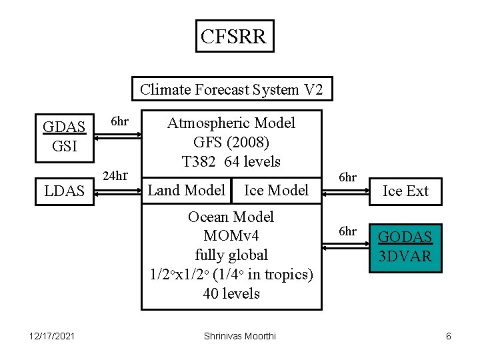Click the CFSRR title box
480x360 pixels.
(233, 36)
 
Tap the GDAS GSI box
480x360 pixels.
(64, 136)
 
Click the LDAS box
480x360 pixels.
(64, 191)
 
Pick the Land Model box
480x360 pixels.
(187, 190)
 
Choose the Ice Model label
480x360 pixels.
(276, 190)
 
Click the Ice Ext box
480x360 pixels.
(405, 191)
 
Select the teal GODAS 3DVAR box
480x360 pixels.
(405, 247)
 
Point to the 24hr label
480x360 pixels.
(115, 176)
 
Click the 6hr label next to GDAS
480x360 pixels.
(119, 121)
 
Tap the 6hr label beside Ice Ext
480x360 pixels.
(347, 177)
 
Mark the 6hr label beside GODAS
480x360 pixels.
(347, 231)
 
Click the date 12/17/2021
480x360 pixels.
(52, 336)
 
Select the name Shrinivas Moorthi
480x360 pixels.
(240, 336)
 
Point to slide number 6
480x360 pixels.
(449, 336)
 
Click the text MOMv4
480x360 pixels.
(231, 236)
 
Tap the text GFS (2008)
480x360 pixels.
(231, 142)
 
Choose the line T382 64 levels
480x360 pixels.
(231, 161)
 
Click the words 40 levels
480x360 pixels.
(231, 293)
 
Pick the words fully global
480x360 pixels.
(231, 255)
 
